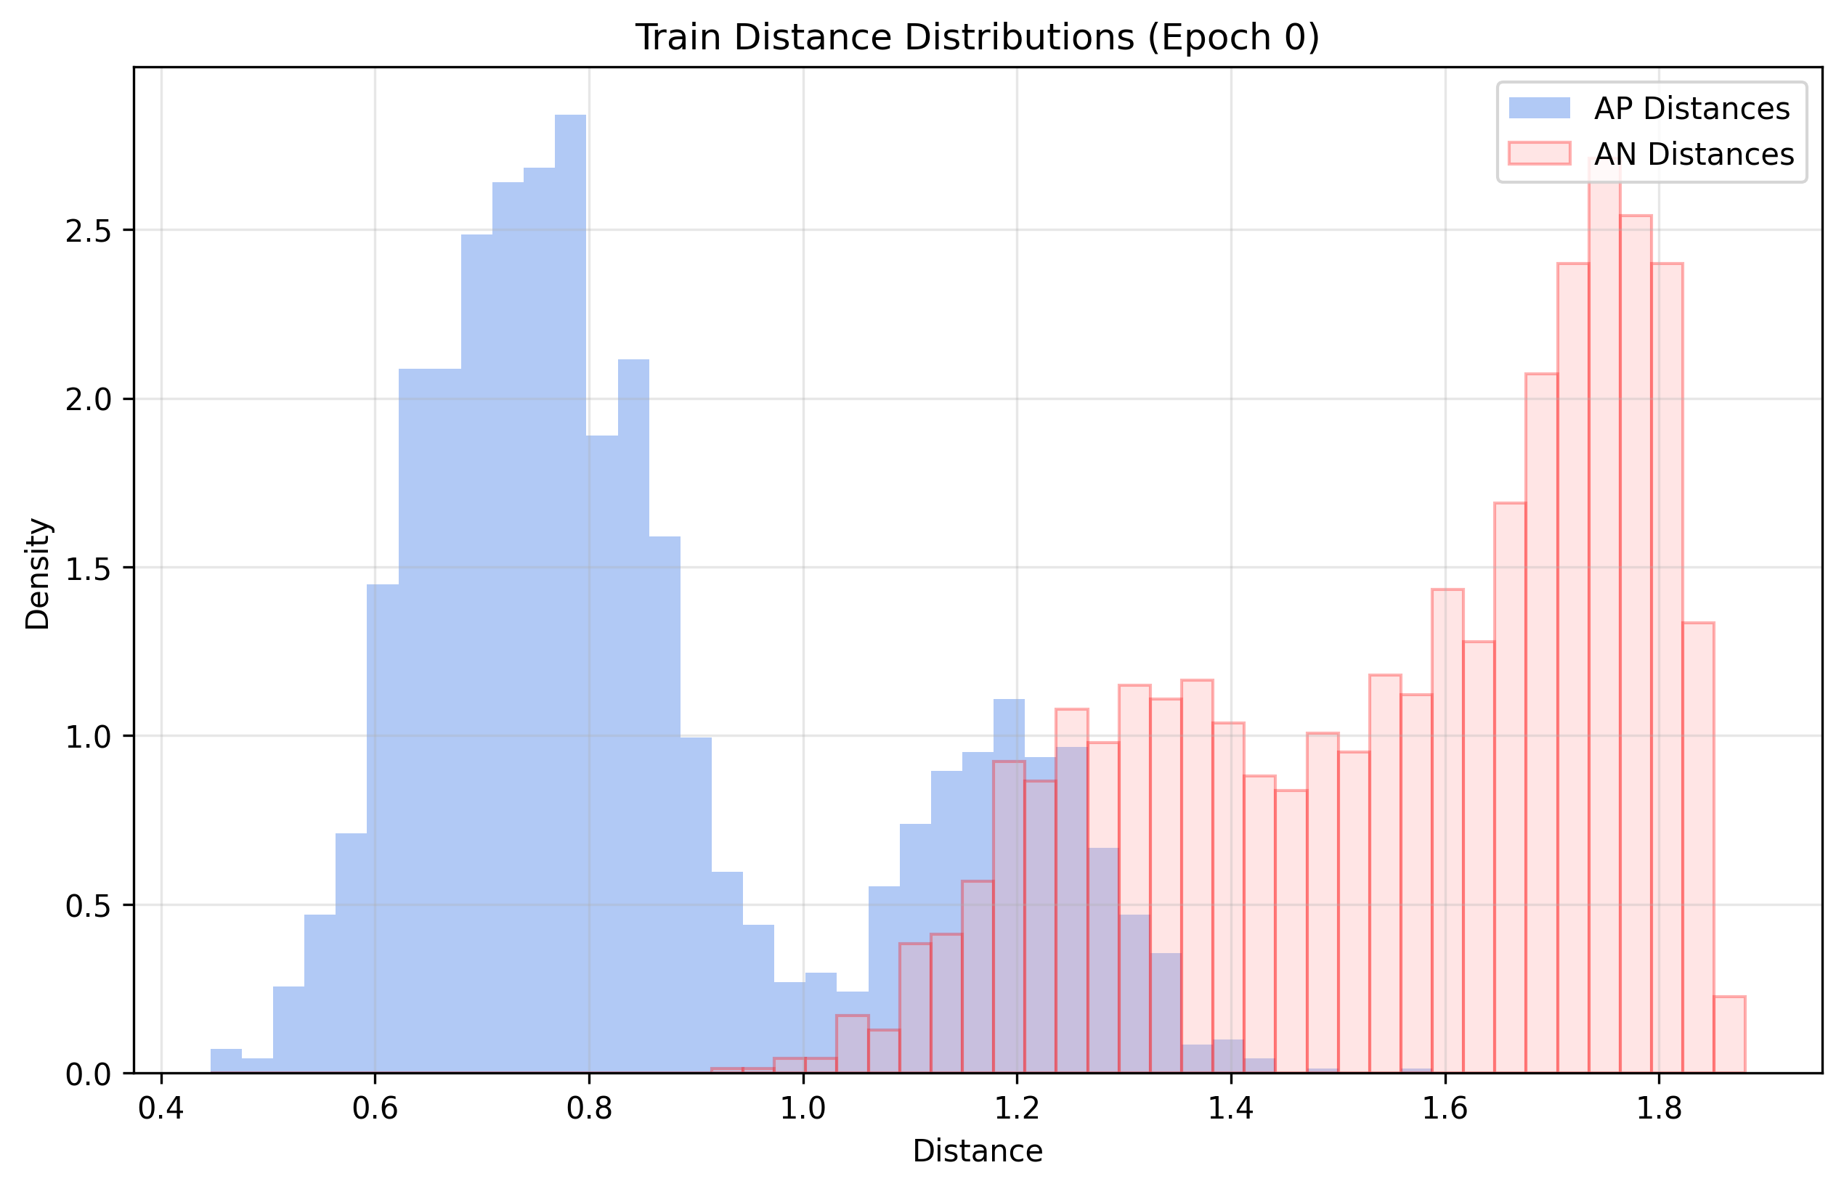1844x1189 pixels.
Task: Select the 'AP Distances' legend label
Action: (1691, 109)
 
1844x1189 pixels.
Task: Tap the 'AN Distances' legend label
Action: (1694, 155)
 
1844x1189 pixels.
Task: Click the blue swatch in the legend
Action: (1539, 108)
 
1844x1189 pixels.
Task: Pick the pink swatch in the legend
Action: (1539, 154)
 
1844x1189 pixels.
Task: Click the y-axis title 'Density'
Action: (37, 573)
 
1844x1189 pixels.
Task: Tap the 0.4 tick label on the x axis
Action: (161, 1109)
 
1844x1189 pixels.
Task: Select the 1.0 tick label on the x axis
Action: (803, 1109)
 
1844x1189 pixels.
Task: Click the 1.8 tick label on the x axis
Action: (1659, 1109)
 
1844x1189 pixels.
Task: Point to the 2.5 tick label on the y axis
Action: (86, 231)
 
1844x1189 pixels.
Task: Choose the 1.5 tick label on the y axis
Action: (86, 568)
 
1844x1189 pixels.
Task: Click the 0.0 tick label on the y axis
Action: (86, 1075)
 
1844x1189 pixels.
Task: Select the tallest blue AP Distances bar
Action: (570, 594)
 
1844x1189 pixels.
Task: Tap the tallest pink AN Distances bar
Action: (1604, 618)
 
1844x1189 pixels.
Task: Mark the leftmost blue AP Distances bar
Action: (226, 1061)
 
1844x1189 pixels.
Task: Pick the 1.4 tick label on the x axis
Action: (1230, 1109)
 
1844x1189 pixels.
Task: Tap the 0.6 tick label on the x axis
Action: (375, 1109)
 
